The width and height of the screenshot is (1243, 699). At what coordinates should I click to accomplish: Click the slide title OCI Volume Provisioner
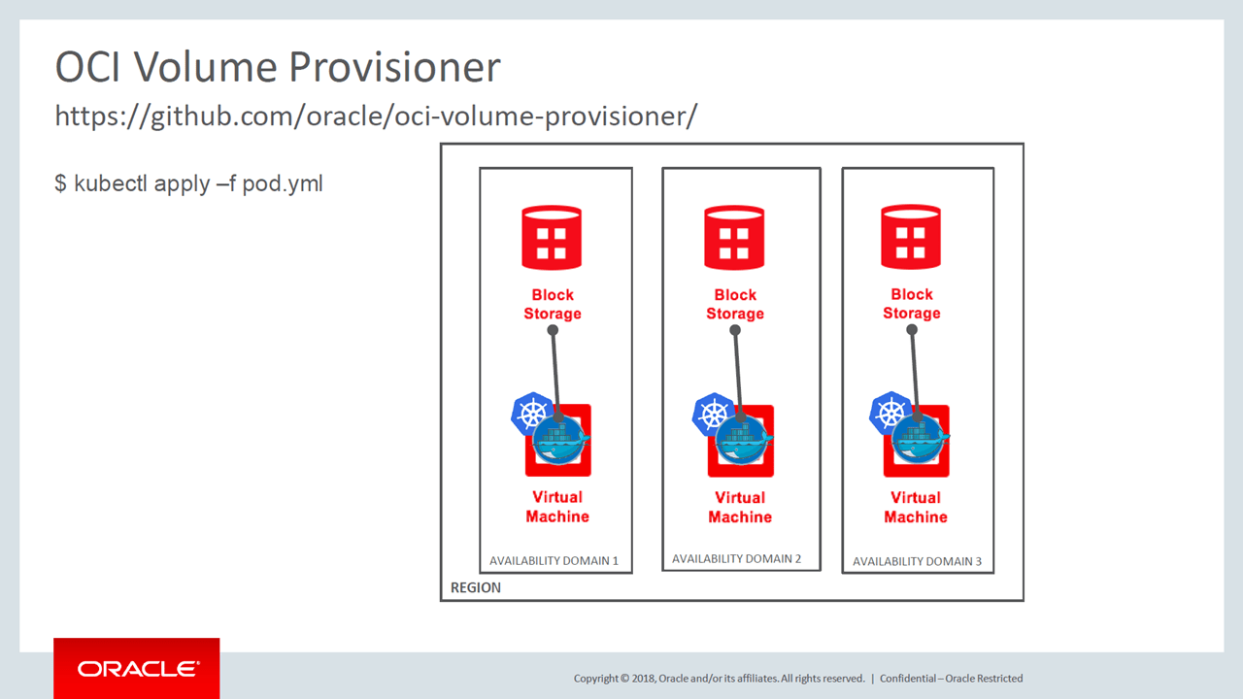pyautogui.click(x=278, y=68)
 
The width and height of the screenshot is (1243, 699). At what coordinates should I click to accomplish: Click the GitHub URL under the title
pyautogui.click(x=376, y=116)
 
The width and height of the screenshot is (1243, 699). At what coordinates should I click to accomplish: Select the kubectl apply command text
pyautogui.click(x=188, y=183)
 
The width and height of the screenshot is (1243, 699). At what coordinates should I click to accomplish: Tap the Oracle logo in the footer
pyautogui.click(x=137, y=669)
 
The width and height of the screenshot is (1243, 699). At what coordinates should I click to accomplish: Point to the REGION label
pyautogui.click(x=476, y=587)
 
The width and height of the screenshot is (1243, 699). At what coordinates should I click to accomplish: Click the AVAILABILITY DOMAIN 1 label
pyautogui.click(x=554, y=560)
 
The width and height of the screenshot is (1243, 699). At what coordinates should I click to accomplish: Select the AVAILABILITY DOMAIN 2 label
pyautogui.click(x=736, y=558)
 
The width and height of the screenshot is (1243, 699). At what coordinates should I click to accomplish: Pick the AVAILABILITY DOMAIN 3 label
pyautogui.click(x=917, y=561)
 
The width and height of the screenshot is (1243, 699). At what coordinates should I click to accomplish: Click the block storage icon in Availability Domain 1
pyautogui.click(x=552, y=237)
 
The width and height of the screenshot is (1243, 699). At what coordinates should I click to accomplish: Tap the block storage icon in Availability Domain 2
pyautogui.click(x=734, y=237)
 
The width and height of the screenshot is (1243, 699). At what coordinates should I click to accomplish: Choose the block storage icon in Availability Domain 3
pyautogui.click(x=911, y=237)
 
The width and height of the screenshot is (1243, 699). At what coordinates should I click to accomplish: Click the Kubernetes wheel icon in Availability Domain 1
pyautogui.click(x=531, y=414)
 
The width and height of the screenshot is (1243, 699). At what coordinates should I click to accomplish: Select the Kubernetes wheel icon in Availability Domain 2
pyautogui.click(x=713, y=414)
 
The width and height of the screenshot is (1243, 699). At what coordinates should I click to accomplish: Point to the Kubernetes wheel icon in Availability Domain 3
pyautogui.click(x=890, y=413)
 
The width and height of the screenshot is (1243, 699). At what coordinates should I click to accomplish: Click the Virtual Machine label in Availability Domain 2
pyautogui.click(x=740, y=507)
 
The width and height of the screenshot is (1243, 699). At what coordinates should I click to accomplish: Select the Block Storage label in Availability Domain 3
pyautogui.click(x=911, y=304)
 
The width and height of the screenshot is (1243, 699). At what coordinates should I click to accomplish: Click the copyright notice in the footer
pyautogui.click(x=719, y=679)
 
